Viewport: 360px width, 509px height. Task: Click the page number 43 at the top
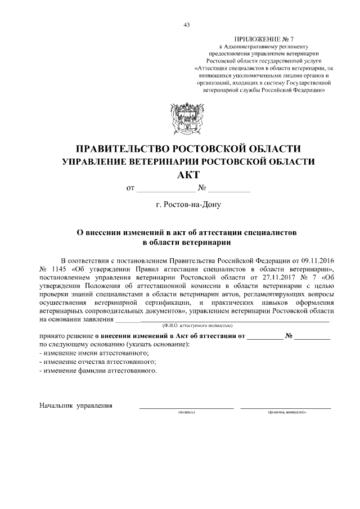[186, 24]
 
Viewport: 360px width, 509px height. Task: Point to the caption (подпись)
[186, 413]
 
